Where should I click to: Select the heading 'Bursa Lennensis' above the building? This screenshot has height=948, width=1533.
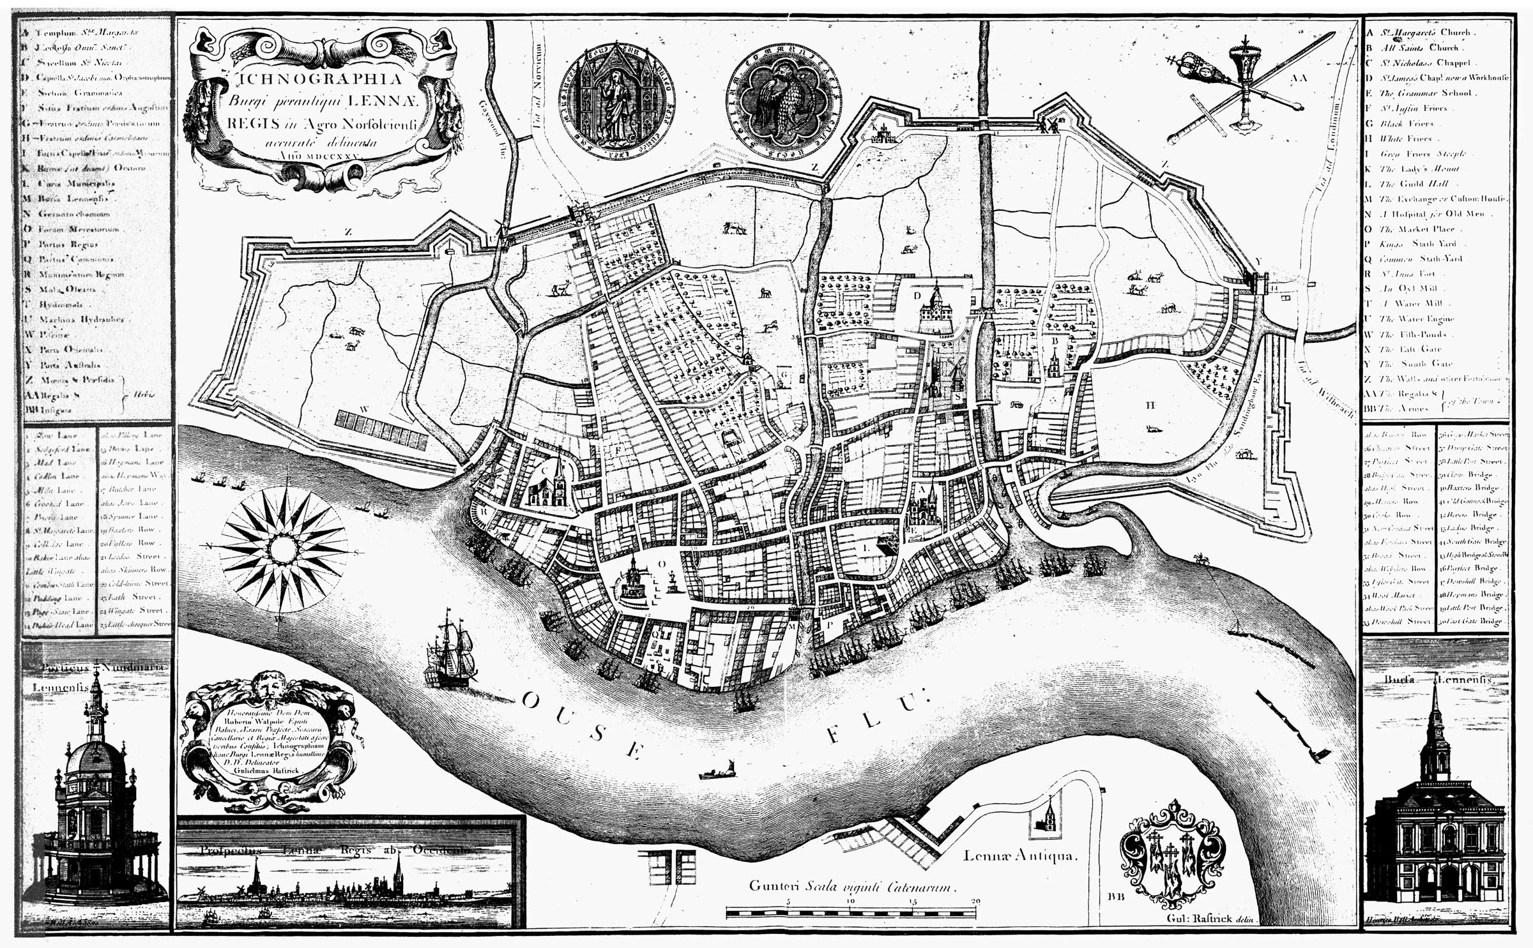tap(1435, 681)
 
